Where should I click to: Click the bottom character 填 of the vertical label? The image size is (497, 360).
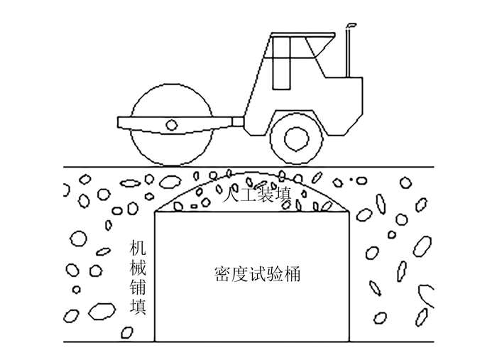click(138, 307)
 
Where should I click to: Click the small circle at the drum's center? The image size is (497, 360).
click(171, 126)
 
